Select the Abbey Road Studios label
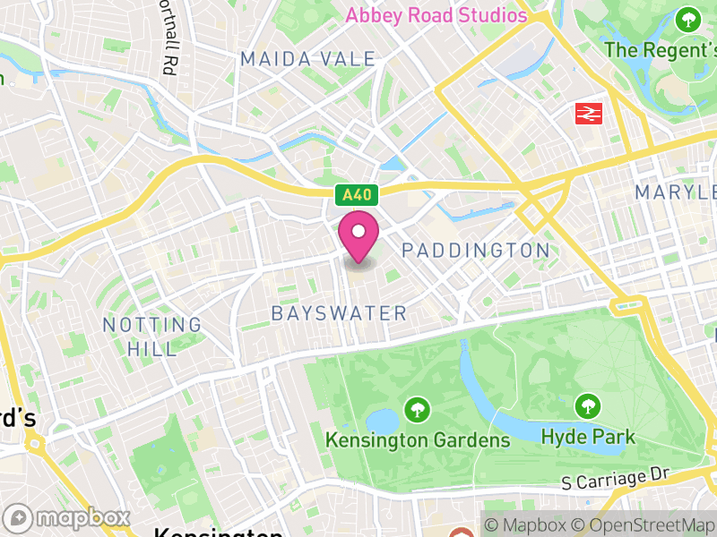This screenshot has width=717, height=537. coord(436,15)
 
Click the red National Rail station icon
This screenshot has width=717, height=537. coord(588,114)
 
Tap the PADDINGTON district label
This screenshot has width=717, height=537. coord(475,250)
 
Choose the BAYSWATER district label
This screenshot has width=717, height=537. coord(339,313)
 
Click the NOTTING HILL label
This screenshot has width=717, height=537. coord(152,337)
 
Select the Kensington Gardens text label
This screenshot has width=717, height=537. coord(418,439)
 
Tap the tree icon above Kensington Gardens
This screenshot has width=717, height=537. coord(417,411)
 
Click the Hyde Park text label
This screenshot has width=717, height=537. coord(588,437)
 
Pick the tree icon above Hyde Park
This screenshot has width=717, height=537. coord(588,406)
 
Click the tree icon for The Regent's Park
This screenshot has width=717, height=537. coord(688,19)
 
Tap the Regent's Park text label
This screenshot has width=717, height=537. coord(661,50)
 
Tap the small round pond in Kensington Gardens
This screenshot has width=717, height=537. coord(381,420)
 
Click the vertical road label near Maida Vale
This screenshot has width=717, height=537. coord(167,38)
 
